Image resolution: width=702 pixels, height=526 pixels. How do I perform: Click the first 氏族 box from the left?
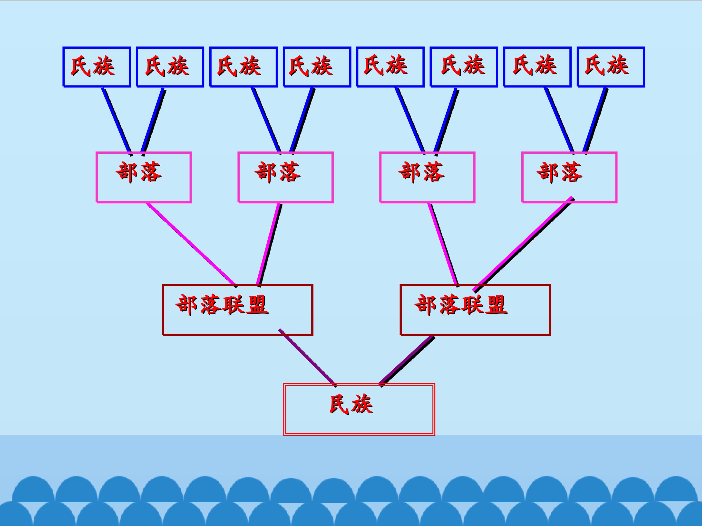97,67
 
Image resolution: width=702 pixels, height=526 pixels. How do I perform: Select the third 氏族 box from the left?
244,67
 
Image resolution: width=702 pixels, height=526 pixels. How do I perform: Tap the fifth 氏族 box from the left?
390,67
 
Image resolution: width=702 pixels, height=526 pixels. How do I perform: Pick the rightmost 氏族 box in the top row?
611,67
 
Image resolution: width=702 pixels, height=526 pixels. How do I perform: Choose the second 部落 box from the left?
285,177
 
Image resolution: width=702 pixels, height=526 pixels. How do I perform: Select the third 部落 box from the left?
427,177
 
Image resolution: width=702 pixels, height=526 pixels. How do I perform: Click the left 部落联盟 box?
237,310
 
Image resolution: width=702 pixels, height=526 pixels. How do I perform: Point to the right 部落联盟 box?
475,310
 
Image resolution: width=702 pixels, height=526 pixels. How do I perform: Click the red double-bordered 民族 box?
359,409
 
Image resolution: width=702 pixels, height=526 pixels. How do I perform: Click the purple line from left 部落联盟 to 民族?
307,357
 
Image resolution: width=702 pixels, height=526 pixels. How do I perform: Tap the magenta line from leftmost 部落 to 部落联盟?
190,244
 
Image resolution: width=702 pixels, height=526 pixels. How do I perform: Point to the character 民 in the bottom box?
340,404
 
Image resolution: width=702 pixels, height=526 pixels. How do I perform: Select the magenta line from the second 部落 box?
269,244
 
